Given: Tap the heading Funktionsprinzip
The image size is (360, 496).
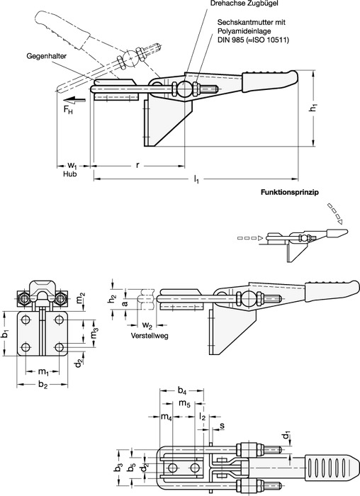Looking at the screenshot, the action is (x=289, y=192).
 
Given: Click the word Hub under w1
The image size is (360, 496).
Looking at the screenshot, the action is (x=69, y=174).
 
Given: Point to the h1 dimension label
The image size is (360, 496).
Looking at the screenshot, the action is (x=313, y=108).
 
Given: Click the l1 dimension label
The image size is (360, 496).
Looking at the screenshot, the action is (x=196, y=180).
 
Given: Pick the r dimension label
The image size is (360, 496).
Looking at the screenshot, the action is (x=137, y=165).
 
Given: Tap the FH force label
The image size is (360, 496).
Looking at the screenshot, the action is (x=68, y=110).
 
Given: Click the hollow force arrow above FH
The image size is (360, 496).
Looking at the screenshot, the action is (x=77, y=100).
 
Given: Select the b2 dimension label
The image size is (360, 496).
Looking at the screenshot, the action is (x=43, y=384).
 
